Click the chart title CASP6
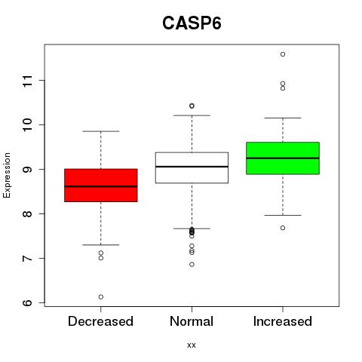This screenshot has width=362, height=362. pyautogui.click(x=192, y=23)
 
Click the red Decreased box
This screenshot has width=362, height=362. pyautogui.click(x=101, y=186)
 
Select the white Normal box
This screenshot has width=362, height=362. pyautogui.click(x=192, y=167)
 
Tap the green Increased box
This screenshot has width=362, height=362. pyautogui.click(x=283, y=158)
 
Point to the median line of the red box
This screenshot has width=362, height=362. pyautogui.click(x=101, y=186)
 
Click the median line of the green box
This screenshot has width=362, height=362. pyautogui.click(x=283, y=158)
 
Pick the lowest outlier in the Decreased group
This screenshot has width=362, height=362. pyautogui.click(x=101, y=297)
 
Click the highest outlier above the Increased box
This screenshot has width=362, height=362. pyautogui.click(x=283, y=54)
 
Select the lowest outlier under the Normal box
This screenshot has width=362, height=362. pyautogui.click(x=192, y=265)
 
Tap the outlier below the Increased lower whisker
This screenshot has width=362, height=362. pyautogui.click(x=283, y=228)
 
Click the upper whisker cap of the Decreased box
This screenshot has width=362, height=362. pyautogui.click(x=101, y=131)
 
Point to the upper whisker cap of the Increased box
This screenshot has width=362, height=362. pyautogui.click(x=283, y=118)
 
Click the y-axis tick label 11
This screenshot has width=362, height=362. pyautogui.click(x=28, y=81)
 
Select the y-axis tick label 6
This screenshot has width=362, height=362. pyautogui.click(x=28, y=302)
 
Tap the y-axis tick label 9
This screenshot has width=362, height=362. pyautogui.click(x=28, y=169)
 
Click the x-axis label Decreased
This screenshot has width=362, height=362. pyautogui.click(x=100, y=321)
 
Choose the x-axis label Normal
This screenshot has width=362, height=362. pyautogui.click(x=192, y=321)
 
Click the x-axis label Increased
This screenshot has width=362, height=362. pyautogui.click(x=283, y=321)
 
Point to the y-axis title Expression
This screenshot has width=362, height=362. pyautogui.click(x=7, y=175)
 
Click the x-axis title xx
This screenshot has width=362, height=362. pyautogui.click(x=192, y=345)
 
